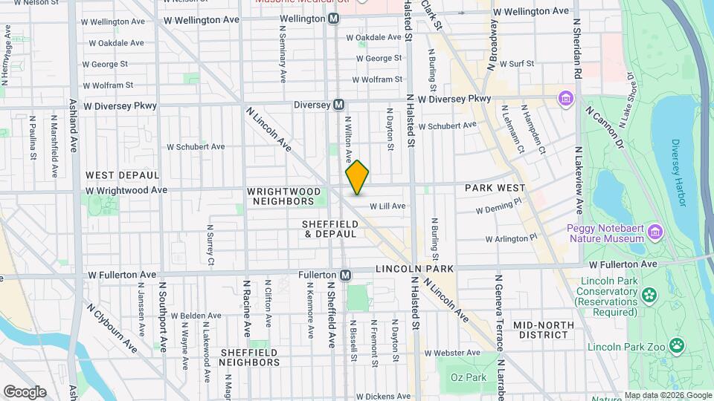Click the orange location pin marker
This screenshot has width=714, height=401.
click(357, 177)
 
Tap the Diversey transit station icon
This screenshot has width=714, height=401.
click(338, 105)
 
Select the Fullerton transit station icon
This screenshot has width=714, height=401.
click(345, 275)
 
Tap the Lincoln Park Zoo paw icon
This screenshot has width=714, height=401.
click(676, 345)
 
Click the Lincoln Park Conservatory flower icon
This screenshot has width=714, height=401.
click(650, 295)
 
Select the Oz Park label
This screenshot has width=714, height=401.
click(469, 377)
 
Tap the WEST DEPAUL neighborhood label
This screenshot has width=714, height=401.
click(122, 175)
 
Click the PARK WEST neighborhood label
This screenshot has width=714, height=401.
click(495, 189)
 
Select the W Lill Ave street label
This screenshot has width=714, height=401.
click(387, 206)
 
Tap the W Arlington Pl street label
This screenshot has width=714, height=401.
click(510, 239)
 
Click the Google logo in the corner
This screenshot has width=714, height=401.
click(25, 392)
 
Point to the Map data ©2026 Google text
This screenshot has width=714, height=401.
click(668, 395)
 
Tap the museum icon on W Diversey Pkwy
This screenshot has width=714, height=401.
click(565, 98)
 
